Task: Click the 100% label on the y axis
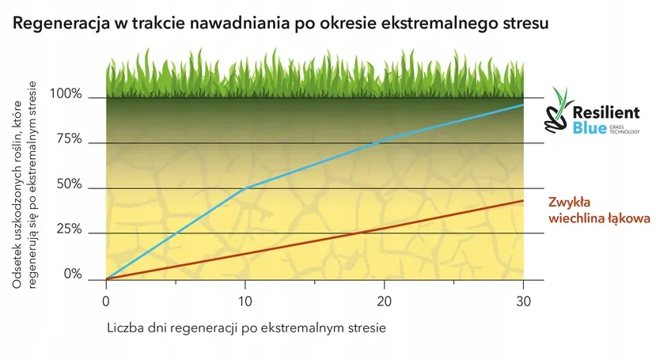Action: pos(66,94)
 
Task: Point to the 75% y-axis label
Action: pos(68,139)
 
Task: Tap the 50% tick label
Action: pos(68,184)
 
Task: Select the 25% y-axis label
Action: pos(68,229)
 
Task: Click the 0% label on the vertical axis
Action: pos(72,275)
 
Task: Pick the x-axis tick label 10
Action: pos(245,301)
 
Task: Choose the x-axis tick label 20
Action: pos(384,301)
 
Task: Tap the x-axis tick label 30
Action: pos(523,301)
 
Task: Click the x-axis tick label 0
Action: pos(106,301)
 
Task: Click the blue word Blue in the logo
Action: pos(589,130)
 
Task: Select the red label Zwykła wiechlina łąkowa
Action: pos(598,209)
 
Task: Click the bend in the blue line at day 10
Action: pos(245,188)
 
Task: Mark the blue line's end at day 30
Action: pos(523,105)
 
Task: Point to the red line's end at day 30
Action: pos(523,201)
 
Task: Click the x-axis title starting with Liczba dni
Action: pos(245,327)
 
